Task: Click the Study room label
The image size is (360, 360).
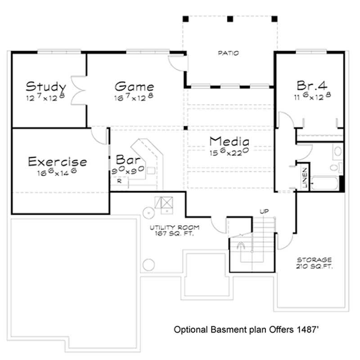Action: click(x=46, y=86)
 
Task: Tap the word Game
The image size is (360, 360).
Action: click(x=134, y=86)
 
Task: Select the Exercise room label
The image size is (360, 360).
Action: click(x=57, y=161)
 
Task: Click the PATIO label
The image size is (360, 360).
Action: click(x=229, y=53)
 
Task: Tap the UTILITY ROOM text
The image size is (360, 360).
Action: click(x=175, y=227)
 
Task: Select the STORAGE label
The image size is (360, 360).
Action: click(x=314, y=260)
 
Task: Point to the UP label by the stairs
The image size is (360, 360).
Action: click(x=264, y=211)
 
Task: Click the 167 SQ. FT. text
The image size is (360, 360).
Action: click(x=175, y=234)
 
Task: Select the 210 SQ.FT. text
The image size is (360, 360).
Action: click(x=314, y=266)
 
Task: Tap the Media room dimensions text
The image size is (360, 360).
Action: click(x=229, y=152)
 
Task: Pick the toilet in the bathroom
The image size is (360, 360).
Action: click(x=334, y=168)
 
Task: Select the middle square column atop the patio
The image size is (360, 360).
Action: click(x=230, y=19)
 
